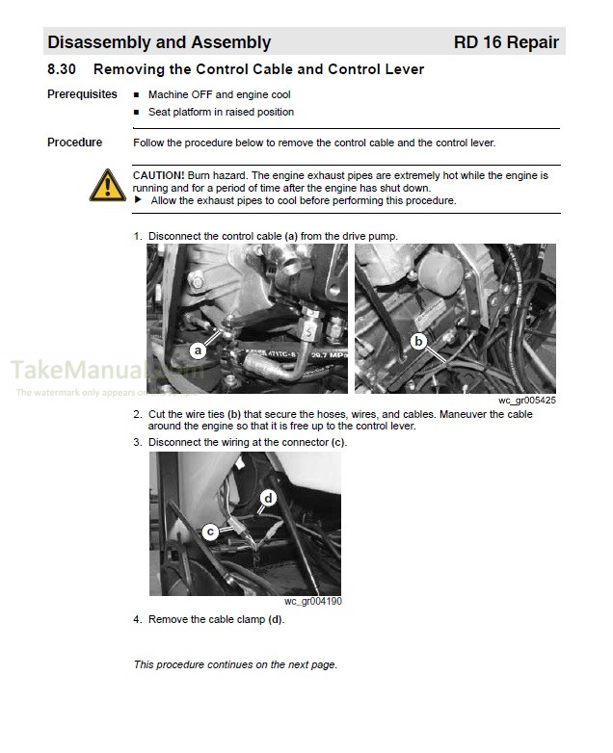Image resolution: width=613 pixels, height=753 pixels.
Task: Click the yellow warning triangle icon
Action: (x=106, y=186)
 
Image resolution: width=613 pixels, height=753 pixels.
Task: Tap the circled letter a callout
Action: (x=198, y=351)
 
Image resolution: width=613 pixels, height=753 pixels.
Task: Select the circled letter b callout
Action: (x=418, y=340)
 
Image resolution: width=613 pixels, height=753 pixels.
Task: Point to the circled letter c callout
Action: (x=211, y=531)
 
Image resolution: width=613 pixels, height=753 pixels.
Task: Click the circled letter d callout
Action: (x=268, y=498)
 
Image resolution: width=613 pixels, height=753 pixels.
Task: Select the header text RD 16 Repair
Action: (x=505, y=42)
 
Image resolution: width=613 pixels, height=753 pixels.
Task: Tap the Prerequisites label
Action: (x=82, y=94)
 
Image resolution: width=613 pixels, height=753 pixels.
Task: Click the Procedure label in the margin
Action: (x=74, y=143)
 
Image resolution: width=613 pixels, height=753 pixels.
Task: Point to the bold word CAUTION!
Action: (x=158, y=175)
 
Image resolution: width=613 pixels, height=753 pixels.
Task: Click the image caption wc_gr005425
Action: (x=526, y=400)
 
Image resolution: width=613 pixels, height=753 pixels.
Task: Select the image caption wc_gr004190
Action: (x=312, y=602)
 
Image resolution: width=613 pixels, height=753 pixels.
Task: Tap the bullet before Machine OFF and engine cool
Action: (x=137, y=95)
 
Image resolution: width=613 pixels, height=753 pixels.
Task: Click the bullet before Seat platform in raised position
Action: (x=137, y=113)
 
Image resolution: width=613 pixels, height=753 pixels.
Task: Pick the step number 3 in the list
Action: (x=137, y=443)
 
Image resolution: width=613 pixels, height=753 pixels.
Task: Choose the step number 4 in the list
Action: (x=137, y=620)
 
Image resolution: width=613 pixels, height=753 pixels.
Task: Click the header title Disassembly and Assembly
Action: (x=159, y=42)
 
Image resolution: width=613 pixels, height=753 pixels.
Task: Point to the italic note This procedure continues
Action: (x=235, y=665)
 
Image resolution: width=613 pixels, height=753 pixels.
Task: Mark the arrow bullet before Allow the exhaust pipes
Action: (x=137, y=200)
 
